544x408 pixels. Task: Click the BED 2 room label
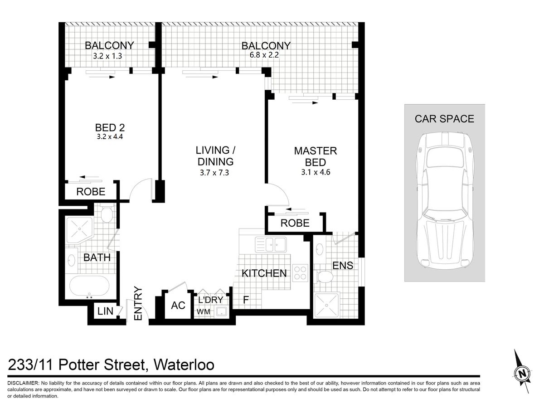[x=110, y=127]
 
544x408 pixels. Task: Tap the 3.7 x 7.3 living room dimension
[x=214, y=172]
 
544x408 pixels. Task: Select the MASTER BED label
[x=316, y=156]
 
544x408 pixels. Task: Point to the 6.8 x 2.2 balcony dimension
[x=264, y=55]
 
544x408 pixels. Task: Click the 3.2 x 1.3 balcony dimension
[x=107, y=56]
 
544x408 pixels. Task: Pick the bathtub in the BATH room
[x=89, y=286]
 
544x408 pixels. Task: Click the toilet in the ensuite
[x=325, y=277]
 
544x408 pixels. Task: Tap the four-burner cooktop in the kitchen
[x=300, y=273]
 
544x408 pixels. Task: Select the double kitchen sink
[x=271, y=244]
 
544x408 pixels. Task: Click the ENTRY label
[x=138, y=303]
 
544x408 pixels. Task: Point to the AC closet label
[x=178, y=306]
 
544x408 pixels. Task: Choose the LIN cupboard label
[x=105, y=311]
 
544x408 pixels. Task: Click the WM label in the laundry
[x=204, y=311]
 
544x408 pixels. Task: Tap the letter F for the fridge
[x=246, y=300]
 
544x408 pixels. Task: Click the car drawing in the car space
[x=445, y=201]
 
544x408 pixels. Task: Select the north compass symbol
[x=523, y=372]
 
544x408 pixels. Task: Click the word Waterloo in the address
[x=184, y=365]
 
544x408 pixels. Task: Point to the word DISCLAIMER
[x=23, y=383]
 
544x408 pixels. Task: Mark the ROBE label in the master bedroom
[x=295, y=223]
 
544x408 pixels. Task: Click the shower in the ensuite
[x=326, y=306]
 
